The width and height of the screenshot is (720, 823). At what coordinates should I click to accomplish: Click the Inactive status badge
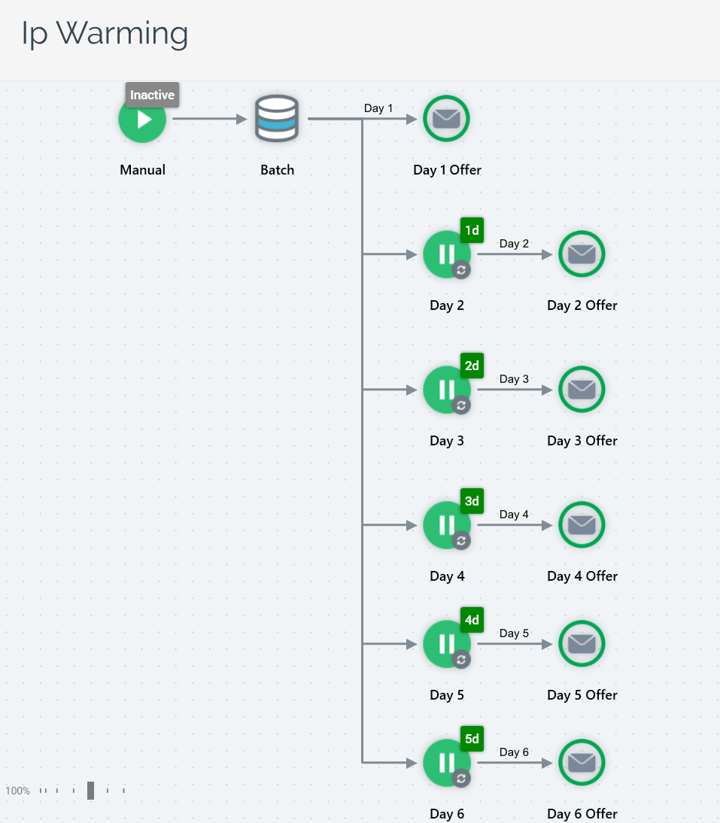tap(152, 95)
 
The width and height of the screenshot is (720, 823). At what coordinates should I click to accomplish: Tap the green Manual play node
tap(142, 120)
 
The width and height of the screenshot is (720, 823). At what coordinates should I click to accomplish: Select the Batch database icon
tap(277, 119)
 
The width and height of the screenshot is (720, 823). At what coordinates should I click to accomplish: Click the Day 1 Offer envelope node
tap(446, 119)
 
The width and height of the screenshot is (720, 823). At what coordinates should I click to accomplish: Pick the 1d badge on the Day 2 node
tap(472, 230)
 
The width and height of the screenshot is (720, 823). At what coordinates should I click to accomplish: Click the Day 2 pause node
tap(445, 254)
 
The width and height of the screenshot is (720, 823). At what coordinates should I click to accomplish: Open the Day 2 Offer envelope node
tap(582, 254)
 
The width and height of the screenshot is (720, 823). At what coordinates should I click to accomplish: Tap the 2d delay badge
tap(472, 366)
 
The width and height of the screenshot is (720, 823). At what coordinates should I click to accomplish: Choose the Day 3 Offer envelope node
tap(582, 390)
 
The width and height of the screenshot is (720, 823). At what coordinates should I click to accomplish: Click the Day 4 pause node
tap(445, 525)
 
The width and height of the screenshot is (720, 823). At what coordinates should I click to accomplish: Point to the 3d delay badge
tap(472, 501)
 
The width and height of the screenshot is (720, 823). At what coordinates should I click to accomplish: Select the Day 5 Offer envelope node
tap(582, 644)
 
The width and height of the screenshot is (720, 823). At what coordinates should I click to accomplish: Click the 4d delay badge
tap(472, 620)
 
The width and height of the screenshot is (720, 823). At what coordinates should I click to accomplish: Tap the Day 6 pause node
tap(445, 763)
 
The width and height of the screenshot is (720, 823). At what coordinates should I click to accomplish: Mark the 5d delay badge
tap(472, 739)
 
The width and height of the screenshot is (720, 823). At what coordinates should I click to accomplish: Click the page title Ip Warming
tap(105, 33)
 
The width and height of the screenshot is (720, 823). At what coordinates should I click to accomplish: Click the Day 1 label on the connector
tap(378, 108)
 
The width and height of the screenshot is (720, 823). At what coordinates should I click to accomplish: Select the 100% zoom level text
tap(17, 791)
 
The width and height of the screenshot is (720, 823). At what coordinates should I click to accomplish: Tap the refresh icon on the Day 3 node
tap(461, 405)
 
